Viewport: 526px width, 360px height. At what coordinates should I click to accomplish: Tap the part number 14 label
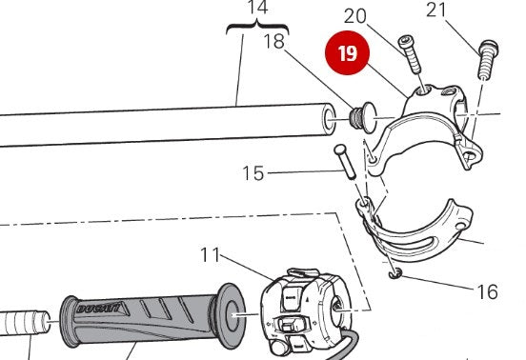(x=256, y=9)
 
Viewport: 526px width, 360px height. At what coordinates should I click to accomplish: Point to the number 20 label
(x=354, y=15)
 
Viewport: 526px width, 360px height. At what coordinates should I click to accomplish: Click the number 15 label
(x=253, y=173)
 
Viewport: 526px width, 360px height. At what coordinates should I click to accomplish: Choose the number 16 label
(x=486, y=291)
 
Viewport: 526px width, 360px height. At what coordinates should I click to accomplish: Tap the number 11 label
(x=210, y=254)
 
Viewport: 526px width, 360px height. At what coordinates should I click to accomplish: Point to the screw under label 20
(x=410, y=52)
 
